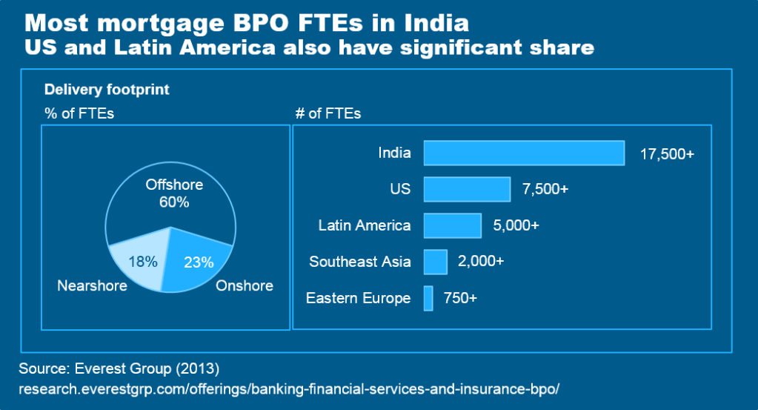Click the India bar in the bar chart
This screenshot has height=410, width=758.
click(x=524, y=153)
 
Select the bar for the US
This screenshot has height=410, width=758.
click(x=467, y=189)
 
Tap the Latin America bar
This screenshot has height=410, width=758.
click(x=452, y=225)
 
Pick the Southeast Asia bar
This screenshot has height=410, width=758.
click(x=435, y=262)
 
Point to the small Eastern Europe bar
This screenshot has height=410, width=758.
click(x=428, y=298)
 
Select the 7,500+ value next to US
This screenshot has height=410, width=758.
click(x=545, y=189)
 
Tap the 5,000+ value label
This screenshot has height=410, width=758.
click(x=516, y=225)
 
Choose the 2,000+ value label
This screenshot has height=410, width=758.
click(x=482, y=262)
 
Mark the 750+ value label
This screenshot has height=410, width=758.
click(x=460, y=298)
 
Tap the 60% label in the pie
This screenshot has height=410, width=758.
click(x=174, y=202)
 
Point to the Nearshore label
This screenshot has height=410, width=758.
click(x=92, y=285)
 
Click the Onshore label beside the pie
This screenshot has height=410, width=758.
click(x=245, y=285)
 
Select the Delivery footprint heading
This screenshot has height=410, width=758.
click(x=107, y=90)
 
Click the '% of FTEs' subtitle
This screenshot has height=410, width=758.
click(x=79, y=113)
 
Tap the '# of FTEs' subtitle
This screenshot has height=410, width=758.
click(x=328, y=113)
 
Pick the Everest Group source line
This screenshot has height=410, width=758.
click(x=119, y=368)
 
